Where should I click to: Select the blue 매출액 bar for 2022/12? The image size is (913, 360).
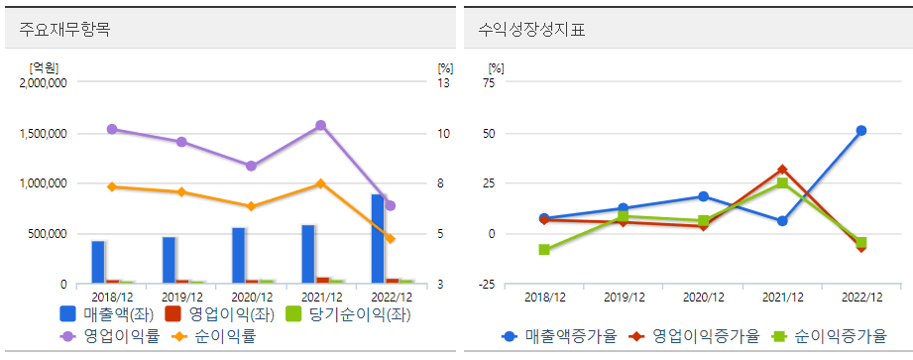(x=378, y=239)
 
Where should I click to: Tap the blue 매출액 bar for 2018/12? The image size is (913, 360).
(x=98, y=262)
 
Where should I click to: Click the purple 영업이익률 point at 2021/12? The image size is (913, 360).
(x=320, y=126)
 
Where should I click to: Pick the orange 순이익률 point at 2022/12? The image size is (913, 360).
(x=390, y=239)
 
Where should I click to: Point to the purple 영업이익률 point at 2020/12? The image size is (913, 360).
(x=251, y=166)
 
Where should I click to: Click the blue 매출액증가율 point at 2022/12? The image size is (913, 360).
(x=861, y=131)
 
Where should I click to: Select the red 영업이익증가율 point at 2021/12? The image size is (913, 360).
(x=782, y=170)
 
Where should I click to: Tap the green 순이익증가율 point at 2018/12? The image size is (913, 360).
(x=544, y=250)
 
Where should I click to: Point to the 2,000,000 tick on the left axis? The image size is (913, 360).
(x=43, y=83)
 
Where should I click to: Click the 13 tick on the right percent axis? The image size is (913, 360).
(x=444, y=83)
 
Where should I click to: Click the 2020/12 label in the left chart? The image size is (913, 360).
(x=251, y=297)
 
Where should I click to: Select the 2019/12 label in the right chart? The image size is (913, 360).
(x=624, y=297)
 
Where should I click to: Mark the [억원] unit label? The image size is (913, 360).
(x=44, y=67)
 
